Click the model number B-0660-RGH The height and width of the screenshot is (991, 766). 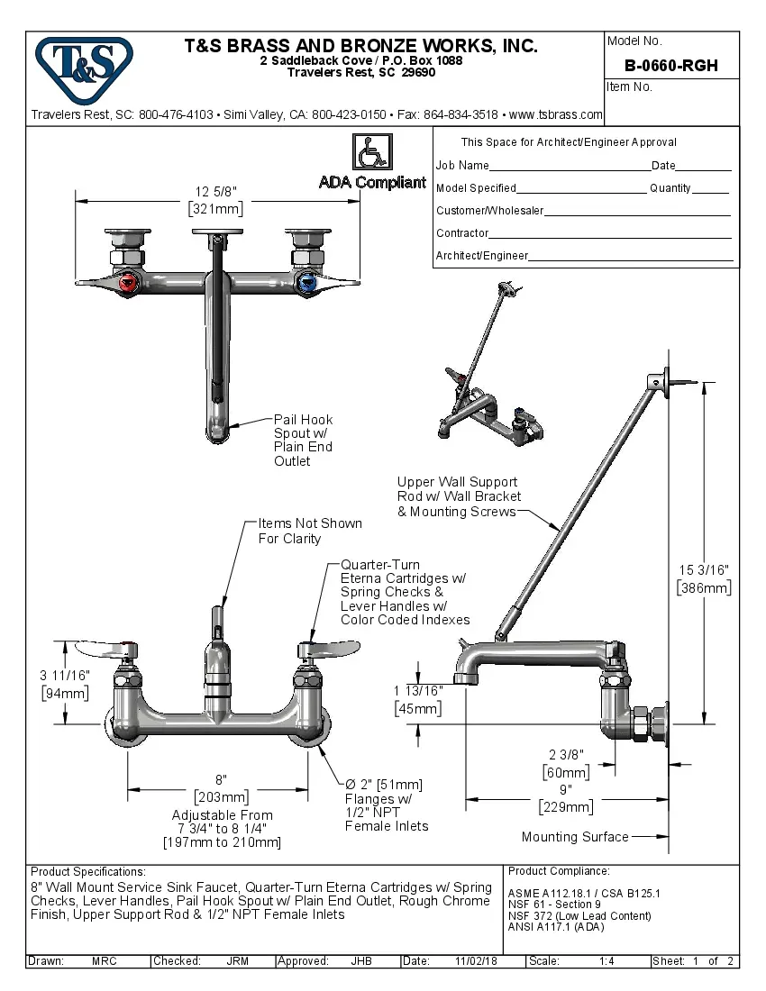[671, 66]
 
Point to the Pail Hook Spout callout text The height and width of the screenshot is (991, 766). [303, 440]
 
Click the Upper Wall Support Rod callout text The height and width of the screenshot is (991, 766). [459, 496]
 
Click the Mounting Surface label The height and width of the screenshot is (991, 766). [575, 837]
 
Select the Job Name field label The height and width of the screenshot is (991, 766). [462, 165]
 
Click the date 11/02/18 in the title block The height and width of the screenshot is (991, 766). [476, 961]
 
